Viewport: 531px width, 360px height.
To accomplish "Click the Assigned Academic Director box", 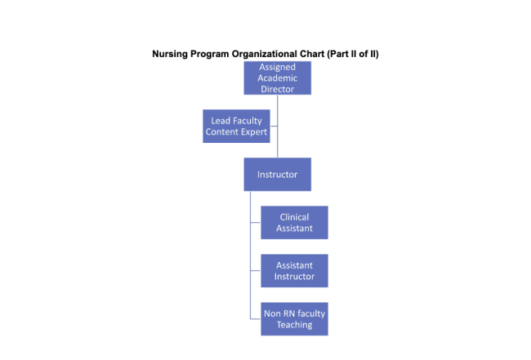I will tap(277, 78).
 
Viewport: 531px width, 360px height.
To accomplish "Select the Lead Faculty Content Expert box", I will tap(236, 127).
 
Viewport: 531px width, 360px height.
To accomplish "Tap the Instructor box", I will tap(277, 175).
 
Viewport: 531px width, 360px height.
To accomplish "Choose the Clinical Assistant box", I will tap(294, 222).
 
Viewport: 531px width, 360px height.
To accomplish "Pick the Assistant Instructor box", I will tap(294, 270).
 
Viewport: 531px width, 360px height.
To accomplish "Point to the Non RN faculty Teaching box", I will tap(294, 318).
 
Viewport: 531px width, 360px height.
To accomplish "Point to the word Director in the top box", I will tap(278, 89).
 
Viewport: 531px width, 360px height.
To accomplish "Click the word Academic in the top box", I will tap(278, 78).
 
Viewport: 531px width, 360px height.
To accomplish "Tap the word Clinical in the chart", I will tap(294, 217).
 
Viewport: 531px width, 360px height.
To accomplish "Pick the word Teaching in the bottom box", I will tap(294, 324).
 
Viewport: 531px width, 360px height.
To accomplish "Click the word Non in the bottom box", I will tap(272, 313).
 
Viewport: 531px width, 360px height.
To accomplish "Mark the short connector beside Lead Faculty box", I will tap(274, 127).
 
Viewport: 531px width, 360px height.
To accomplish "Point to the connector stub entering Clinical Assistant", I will tap(255, 222).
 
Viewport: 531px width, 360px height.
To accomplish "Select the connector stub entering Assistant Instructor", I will tap(255, 270).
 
